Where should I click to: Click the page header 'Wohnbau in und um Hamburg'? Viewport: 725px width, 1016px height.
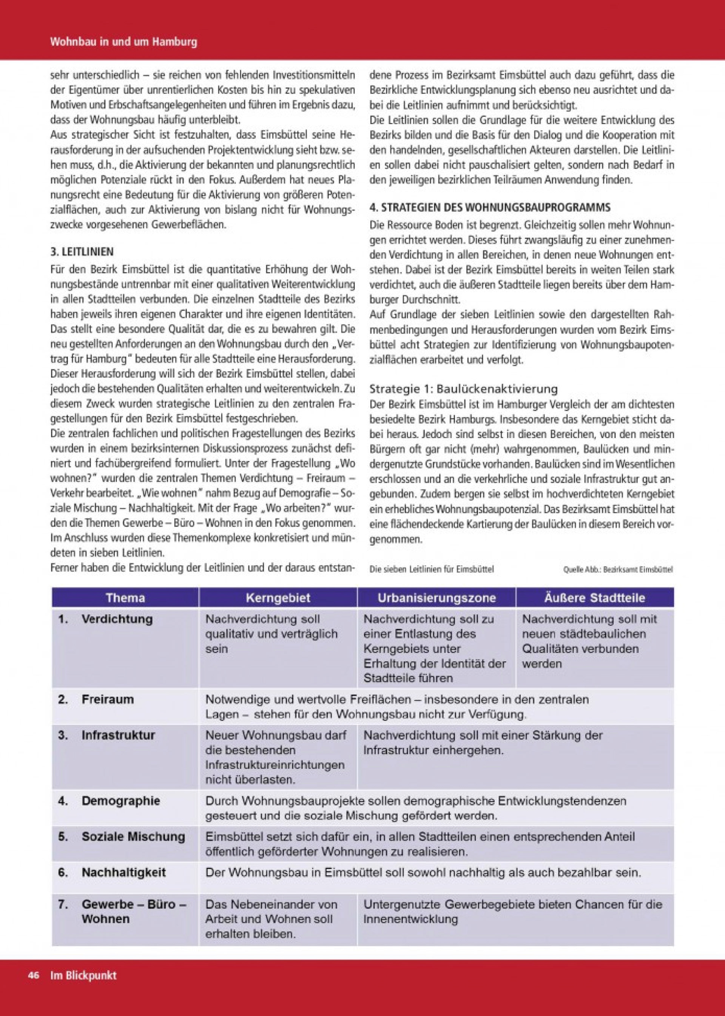tap(123, 42)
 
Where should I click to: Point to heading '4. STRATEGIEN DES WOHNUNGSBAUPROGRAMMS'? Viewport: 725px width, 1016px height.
tap(490, 208)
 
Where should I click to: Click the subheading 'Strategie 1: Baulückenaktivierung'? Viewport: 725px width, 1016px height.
tap(464, 389)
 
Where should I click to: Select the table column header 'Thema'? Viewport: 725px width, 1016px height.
tap(125, 598)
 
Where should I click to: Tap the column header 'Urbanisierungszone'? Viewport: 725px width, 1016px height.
tap(436, 598)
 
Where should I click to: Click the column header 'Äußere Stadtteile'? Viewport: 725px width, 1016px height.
tap(594, 598)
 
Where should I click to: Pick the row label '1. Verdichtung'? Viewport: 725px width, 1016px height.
tap(105, 619)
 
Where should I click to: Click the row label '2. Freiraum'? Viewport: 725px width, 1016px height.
tap(96, 699)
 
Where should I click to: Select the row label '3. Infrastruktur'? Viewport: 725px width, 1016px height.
tap(107, 735)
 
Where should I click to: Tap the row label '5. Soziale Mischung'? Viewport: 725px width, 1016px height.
tap(122, 836)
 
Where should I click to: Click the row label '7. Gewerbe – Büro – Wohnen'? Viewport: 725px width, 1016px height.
tap(122, 911)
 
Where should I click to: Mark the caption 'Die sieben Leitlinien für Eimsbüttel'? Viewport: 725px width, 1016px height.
tap(432, 570)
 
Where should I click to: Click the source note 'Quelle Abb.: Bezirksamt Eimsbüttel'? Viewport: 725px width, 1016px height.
tap(618, 570)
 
